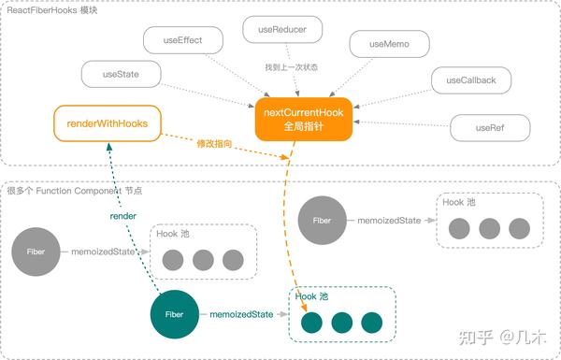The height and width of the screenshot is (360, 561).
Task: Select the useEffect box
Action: click(x=184, y=39)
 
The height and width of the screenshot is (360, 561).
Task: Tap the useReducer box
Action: click(x=283, y=30)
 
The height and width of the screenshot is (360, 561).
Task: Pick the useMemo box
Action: click(x=388, y=44)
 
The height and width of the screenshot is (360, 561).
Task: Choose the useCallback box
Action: click(x=470, y=80)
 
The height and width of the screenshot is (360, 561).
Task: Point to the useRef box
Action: click(x=490, y=127)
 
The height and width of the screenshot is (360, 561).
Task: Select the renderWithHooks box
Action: click(x=107, y=122)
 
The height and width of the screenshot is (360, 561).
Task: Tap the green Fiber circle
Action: click(x=175, y=315)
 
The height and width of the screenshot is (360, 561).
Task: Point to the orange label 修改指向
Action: click(x=221, y=146)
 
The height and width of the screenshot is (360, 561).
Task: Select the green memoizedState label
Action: click(x=241, y=315)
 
